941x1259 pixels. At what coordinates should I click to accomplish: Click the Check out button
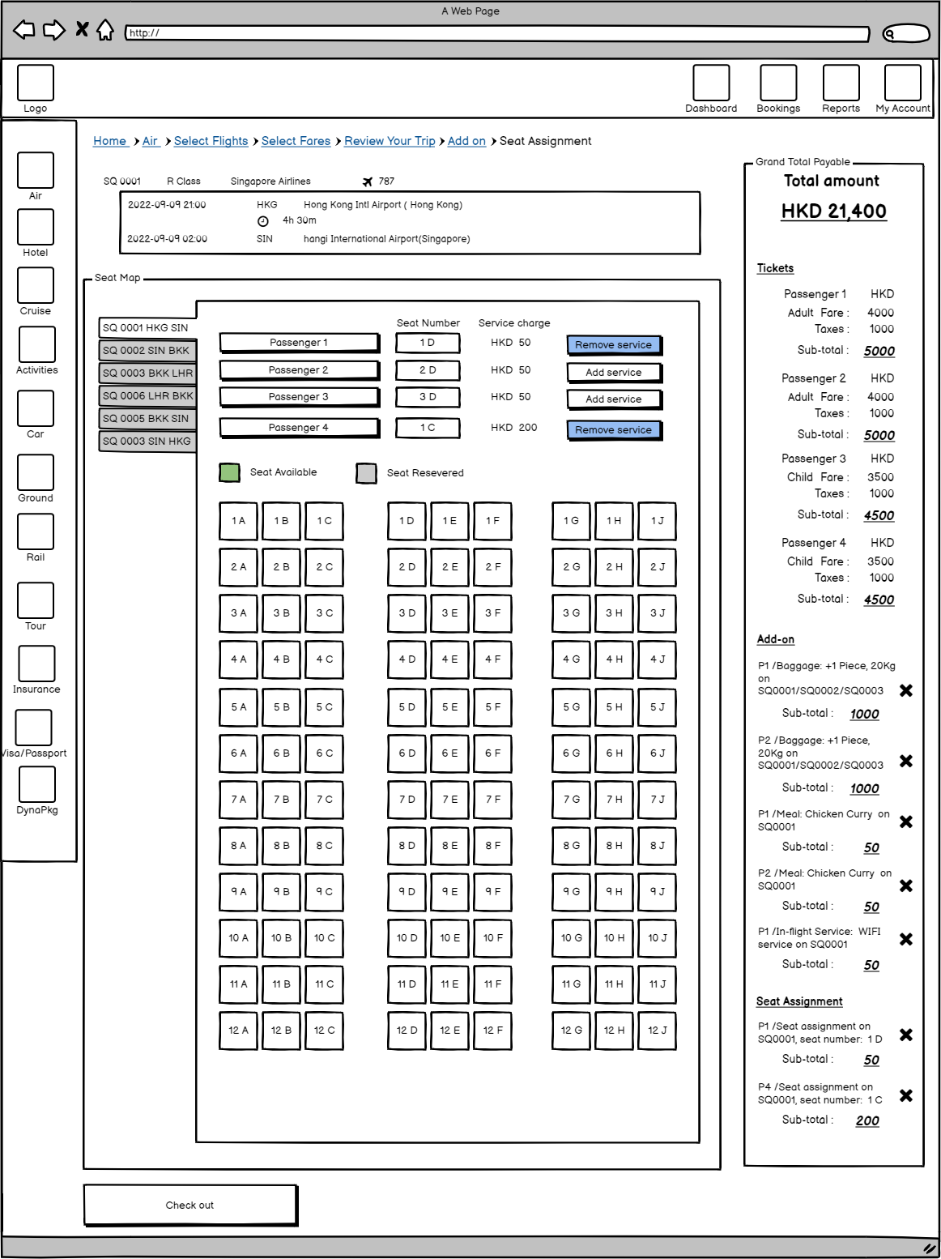point(190,1205)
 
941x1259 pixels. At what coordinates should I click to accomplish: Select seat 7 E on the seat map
point(449,800)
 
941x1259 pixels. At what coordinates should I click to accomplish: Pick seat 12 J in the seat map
point(657,1031)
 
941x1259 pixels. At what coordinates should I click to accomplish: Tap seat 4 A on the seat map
point(238,659)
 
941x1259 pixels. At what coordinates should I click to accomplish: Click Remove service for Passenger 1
point(614,345)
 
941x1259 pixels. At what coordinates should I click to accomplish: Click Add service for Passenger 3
point(614,399)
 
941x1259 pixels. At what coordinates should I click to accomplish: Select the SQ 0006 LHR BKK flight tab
point(147,396)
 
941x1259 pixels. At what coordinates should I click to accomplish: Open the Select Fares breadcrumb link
point(296,141)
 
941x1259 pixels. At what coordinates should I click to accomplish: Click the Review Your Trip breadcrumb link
point(390,141)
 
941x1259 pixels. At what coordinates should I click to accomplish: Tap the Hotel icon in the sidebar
point(36,228)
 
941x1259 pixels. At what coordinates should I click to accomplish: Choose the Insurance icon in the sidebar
point(36,664)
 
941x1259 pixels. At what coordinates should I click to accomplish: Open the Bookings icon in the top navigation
point(778,83)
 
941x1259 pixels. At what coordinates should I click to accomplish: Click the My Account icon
point(903,83)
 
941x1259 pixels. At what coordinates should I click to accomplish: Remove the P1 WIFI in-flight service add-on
point(906,939)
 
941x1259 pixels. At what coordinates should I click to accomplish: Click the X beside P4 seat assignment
point(906,1095)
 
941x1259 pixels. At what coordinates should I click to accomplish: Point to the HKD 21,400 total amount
point(833,211)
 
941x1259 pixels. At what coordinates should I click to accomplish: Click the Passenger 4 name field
point(299,428)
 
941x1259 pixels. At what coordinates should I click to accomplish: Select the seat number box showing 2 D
point(428,370)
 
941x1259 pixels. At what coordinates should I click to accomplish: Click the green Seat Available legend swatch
point(230,473)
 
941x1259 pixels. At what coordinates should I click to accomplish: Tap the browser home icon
point(105,31)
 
